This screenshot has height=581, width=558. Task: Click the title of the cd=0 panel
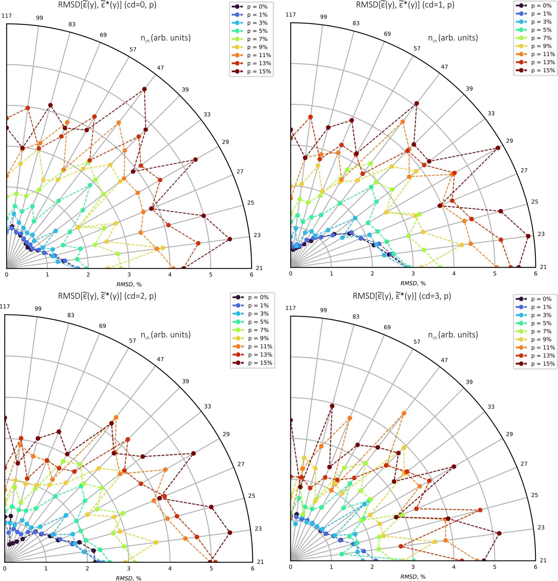(107, 5)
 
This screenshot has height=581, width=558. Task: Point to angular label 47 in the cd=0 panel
(160, 67)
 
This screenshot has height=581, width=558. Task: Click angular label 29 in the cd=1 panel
(509, 140)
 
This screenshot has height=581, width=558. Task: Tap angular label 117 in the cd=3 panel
(290, 308)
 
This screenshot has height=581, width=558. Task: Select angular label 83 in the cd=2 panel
(71, 315)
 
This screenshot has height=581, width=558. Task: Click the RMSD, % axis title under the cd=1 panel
(413, 283)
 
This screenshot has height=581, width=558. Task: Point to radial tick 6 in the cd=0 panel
(251, 275)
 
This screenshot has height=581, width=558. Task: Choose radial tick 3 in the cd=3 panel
(413, 567)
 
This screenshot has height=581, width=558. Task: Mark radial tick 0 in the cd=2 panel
(4, 568)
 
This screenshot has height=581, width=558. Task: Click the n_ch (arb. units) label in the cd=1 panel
(453, 38)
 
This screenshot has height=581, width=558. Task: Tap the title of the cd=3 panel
(402, 296)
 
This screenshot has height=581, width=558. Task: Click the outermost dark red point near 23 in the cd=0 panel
(229, 239)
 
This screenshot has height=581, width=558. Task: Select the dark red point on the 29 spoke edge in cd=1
(498, 147)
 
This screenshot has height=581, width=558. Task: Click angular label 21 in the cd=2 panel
(260, 562)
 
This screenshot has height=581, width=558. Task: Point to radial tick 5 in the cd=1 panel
(495, 273)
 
